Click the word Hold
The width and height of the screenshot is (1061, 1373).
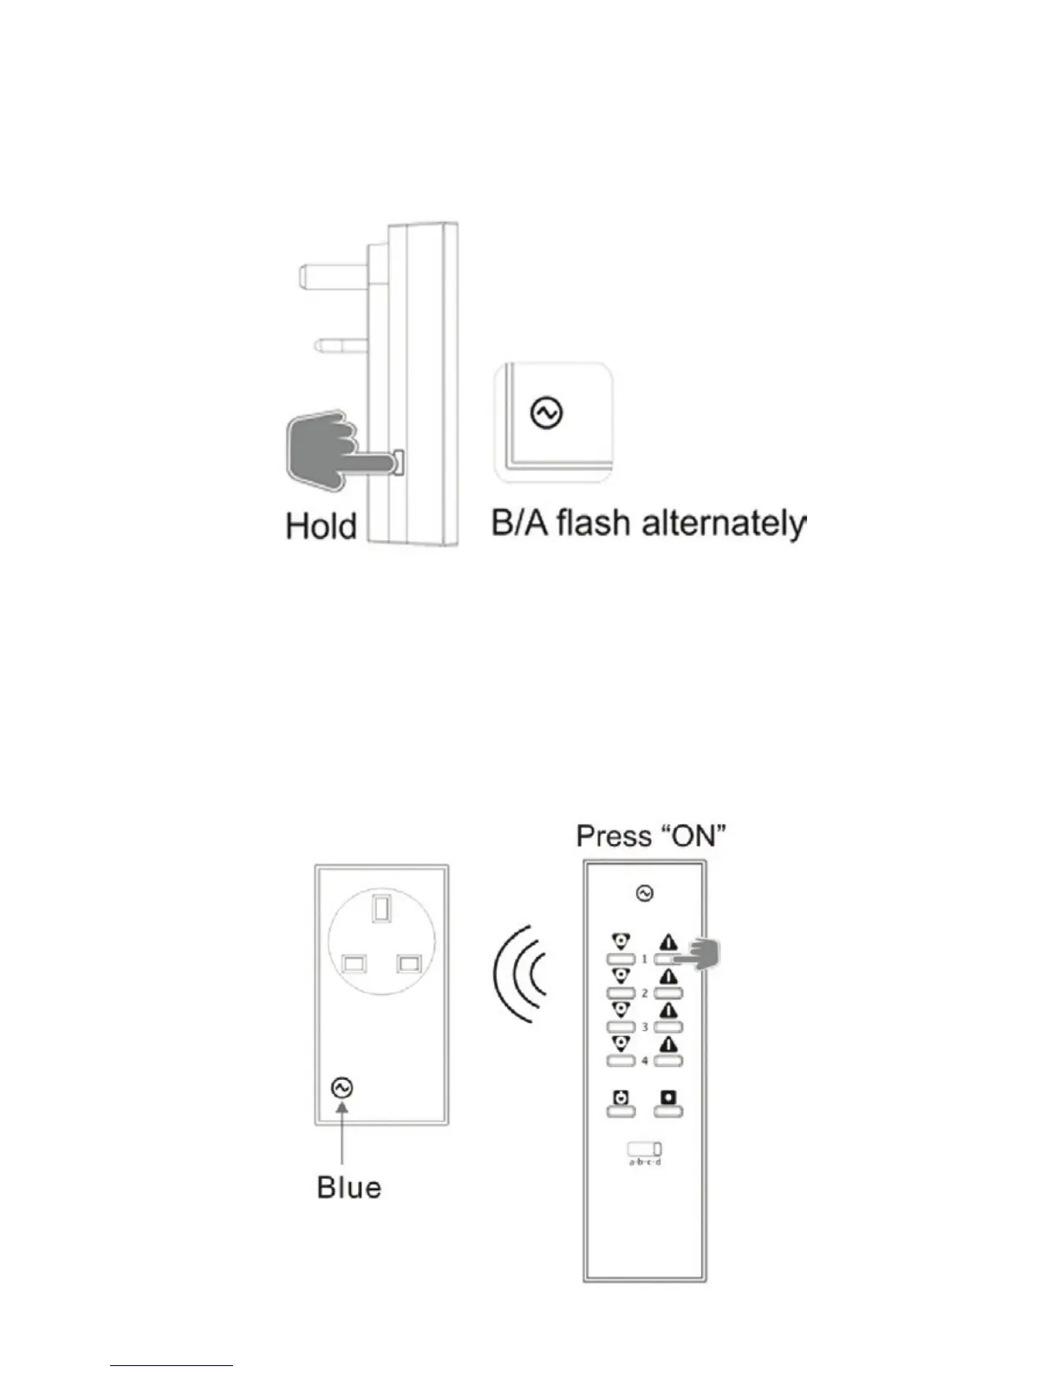[321, 526]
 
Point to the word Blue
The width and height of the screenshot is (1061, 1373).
[348, 1187]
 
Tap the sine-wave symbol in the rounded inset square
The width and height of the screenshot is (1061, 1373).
[547, 413]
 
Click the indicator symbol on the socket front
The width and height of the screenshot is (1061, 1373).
[342, 1088]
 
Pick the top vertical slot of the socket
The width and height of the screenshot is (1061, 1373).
[380, 909]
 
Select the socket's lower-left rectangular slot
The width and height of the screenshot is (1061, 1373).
[353, 964]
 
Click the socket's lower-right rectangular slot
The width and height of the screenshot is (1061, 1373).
[407, 964]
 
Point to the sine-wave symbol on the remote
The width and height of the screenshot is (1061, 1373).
[645, 893]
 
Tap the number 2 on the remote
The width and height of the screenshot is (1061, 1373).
[644, 993]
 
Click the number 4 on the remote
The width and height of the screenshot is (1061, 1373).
[644, 1061]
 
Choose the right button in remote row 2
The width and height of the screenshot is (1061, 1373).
[669, 993]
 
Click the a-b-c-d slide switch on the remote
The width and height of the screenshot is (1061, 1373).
[645, 1149]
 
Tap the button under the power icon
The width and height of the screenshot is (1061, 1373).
[621, 1112]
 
